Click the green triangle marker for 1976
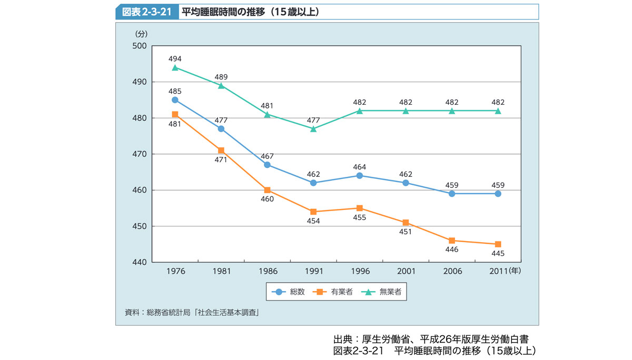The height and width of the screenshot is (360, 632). [175, 67]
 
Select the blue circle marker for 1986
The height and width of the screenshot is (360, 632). [267, 165]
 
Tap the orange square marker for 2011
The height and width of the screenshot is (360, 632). [498, 244]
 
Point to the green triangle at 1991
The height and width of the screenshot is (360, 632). [313, 128]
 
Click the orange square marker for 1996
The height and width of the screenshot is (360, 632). [359, 208]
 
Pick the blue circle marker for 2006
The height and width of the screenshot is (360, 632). [452, 194]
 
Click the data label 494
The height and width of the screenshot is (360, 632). [175, 58]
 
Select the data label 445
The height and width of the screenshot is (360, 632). [498, 254]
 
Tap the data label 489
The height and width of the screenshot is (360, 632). [221, 77]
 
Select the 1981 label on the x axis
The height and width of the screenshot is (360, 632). [221, 272]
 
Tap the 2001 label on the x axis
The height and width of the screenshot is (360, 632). [406, 272]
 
